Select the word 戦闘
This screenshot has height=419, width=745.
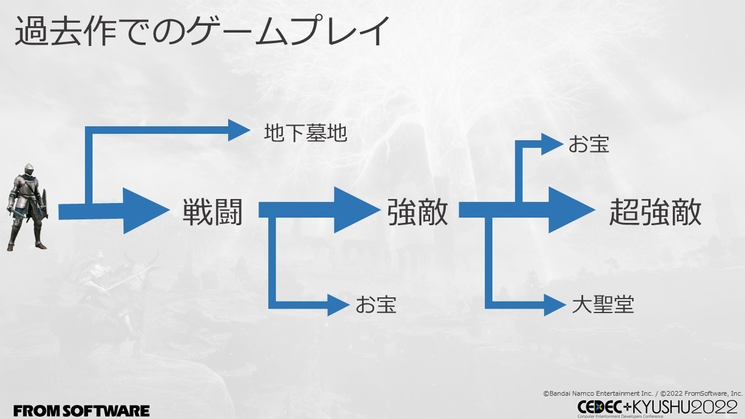click(x=212, y=212)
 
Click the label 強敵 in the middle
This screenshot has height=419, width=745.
click(x=417, y=212)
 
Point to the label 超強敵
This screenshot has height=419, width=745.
click(x=655, y=212)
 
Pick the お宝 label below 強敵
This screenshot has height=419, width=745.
click(x=376, y=304)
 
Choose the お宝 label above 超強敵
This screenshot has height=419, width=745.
click(x=588, y=144)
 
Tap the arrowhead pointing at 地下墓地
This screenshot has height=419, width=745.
click(x=239, y=130)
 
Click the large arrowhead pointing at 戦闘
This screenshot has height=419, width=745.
click(x=143, y=210)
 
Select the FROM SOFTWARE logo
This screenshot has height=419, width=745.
click(x=81, y=410)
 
